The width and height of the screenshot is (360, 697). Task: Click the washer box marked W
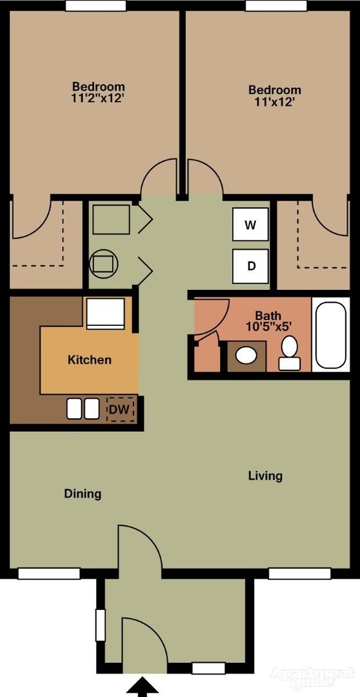tap(251, 225)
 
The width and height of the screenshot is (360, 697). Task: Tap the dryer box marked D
tap(251, 266)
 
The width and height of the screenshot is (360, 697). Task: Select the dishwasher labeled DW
tap(120, 409)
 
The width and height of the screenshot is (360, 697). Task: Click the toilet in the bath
tap(289, 353)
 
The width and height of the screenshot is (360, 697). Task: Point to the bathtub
tap(331, 335)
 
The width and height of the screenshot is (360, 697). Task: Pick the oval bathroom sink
tap(246, 356)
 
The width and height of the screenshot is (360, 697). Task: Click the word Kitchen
tap(89, 359)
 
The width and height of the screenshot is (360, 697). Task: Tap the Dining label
tap(83, 494)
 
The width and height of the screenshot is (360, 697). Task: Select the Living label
tap(265, 476)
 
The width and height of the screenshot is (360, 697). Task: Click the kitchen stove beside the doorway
tap(105, 314)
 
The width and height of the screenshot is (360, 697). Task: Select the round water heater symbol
tap(104, 263)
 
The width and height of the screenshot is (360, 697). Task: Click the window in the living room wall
tap(300, 574)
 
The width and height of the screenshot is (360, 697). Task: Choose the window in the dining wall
tap(49, 574)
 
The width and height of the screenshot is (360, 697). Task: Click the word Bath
tap(268, 316)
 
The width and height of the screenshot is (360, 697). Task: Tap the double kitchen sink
tap(83, 409)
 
